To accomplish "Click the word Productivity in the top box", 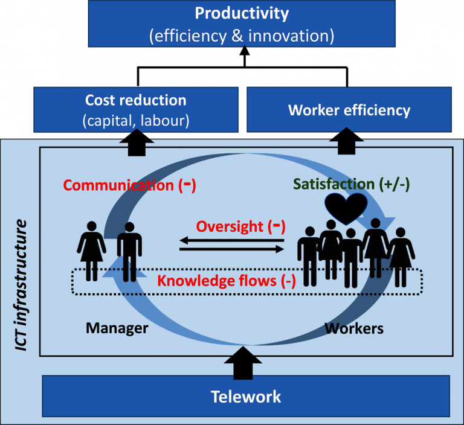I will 242,13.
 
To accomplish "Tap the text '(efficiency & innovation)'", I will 242,36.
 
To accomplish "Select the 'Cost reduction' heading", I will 135,100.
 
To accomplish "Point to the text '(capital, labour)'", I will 135,121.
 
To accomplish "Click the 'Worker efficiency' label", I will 349,110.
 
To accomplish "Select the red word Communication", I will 118,185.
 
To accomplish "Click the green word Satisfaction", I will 333,184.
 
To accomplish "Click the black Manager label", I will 117,328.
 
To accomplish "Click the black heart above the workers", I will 344,207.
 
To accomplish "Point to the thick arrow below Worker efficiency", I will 347,141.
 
